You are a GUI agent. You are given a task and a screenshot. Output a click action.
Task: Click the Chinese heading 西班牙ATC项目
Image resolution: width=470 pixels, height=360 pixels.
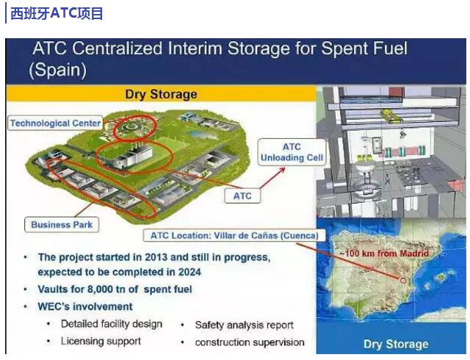pos(57,13)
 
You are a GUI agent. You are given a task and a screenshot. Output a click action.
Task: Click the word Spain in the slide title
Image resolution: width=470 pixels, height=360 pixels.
pos(58,70)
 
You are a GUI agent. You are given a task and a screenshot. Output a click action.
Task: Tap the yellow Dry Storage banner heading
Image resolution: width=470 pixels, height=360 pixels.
pos(161,94)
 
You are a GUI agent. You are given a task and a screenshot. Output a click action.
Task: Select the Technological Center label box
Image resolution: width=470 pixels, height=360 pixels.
pos(55,123)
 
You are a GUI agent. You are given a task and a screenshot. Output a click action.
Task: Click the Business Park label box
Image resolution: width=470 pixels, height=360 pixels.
pos(62,224)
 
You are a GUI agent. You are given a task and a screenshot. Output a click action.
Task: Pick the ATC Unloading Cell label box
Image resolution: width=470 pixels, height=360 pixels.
pos(292,152)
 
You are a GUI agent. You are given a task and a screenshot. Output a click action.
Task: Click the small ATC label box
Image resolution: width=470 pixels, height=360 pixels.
pos(242,196)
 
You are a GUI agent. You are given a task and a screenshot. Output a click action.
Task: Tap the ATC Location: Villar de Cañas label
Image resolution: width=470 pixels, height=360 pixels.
pos(234,236)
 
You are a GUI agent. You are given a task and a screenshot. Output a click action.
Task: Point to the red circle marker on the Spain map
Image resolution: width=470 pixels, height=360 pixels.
pos(403,281)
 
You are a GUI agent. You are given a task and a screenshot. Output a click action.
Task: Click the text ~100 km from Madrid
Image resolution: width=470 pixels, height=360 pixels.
pos(384,253)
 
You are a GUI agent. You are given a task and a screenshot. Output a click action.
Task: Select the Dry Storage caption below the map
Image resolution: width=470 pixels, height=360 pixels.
pos(396,344)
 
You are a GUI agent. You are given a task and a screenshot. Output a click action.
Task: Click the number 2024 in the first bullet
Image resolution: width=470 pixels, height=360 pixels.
pos(189,272)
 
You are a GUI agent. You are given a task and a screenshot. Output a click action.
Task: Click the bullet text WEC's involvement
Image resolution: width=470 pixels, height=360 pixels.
pos(85,306)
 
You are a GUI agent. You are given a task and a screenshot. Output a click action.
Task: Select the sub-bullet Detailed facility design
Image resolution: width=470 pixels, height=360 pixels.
pos(112,324)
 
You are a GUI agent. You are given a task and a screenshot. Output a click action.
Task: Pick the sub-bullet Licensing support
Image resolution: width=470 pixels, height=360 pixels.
pos(101,342)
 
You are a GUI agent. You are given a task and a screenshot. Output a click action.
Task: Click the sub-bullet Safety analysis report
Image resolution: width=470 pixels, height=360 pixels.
pos(244,325)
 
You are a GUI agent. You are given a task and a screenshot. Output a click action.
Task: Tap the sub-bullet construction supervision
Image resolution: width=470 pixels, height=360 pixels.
pos(250,342)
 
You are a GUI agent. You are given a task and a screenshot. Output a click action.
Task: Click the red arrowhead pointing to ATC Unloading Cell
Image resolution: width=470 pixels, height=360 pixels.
pos(282,170)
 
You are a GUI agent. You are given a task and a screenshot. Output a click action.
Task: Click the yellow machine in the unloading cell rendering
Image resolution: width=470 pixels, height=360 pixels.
pos(391,116)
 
